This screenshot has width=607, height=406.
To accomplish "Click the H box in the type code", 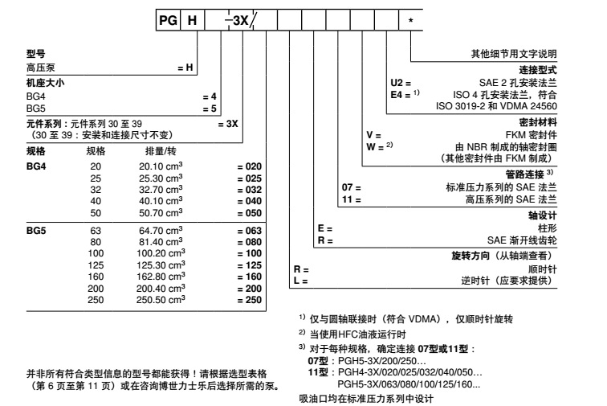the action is [192, 20].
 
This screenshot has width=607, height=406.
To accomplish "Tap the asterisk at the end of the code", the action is [411, 20].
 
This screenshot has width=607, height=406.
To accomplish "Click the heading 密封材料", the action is [537, 121].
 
